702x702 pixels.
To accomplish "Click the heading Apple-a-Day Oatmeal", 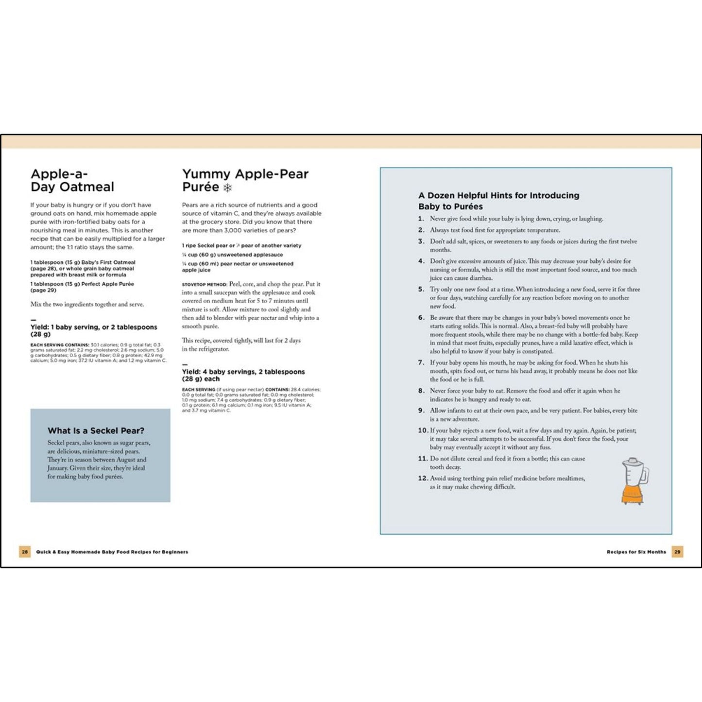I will coord(72,180).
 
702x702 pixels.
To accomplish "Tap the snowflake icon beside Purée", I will coord(227,188).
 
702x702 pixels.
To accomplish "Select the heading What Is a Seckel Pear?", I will coord(96,431).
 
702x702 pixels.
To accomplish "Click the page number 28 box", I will coord(25,552).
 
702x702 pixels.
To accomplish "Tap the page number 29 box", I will coord(677,552).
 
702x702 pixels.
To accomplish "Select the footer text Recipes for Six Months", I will coord(636,552).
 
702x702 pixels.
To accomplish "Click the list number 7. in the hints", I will coord(421,363).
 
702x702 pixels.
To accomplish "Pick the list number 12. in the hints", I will coord(423,479).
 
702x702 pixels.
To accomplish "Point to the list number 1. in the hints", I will coord(421,219).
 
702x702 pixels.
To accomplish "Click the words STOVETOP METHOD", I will coord(204,285).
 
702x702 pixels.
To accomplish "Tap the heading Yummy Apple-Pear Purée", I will coord(245,180).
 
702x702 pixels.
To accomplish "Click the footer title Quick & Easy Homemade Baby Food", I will coord(112,552).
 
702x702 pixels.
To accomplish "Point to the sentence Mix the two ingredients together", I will coord(87,305).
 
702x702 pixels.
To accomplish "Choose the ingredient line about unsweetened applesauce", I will coord(232,255).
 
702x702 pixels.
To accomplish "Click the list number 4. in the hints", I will coord(421,261).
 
